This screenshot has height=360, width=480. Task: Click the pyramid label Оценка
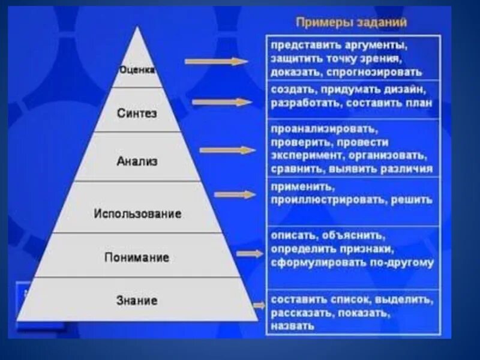point(137,70)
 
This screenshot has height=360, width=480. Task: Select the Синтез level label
point(137,113)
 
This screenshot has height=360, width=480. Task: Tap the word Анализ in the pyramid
point(137,161)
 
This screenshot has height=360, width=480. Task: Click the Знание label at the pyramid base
point(137,300)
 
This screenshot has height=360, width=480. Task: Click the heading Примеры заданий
point(352,23)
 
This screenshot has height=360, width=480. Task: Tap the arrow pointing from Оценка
point(216,61)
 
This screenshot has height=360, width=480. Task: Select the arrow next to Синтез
point(222,102)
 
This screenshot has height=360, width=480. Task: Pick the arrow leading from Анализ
point(228,150)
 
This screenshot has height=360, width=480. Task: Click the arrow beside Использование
point(235,194)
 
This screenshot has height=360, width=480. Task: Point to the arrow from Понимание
point(250,253)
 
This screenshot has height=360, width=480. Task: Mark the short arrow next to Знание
point(259,305)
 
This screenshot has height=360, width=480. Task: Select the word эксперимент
point(299,155)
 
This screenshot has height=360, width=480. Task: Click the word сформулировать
point(310,262)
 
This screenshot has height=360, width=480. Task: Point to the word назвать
point(292,326)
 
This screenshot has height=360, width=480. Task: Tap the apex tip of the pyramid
point(137,28)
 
